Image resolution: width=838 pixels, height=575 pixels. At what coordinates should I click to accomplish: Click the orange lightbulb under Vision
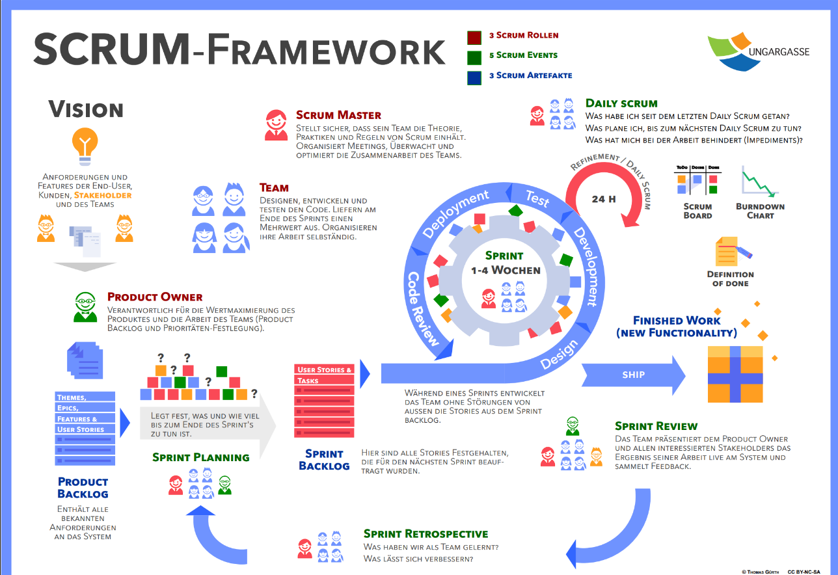pyautogui.click(x=86, y=145)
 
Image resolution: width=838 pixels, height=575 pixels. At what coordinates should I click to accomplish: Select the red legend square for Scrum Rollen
pyautogui.click(x=474, y=37)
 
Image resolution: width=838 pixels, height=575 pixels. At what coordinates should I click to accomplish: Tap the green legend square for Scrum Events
pyautogui.click(x=474, y=57)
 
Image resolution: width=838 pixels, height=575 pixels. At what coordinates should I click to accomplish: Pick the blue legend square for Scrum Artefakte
pyautogui.click(x=474, y=77)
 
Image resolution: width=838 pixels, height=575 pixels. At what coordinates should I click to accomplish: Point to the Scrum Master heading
pyautogui.click(x=338, y=115)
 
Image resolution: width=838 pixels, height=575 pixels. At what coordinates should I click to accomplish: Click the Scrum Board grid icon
pyautogui.click(x=697, y=180)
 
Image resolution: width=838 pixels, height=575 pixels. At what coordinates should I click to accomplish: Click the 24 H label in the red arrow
pyautogui.click(x=603, y=199)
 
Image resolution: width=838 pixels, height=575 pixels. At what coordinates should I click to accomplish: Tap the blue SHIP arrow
pyautogui.click(x=633, y=375)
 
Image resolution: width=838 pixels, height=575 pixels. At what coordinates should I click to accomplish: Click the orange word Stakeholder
pyautogui.click(x=103, y=194)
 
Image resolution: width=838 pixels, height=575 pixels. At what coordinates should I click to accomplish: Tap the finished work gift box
pyautogui.click(x=735, y=374)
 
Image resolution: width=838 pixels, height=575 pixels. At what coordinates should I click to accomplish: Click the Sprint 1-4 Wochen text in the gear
pyautogui.click(x=506, y=263)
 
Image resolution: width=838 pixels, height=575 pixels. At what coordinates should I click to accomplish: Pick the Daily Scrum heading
pyautogui.click(x=621, y=103)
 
